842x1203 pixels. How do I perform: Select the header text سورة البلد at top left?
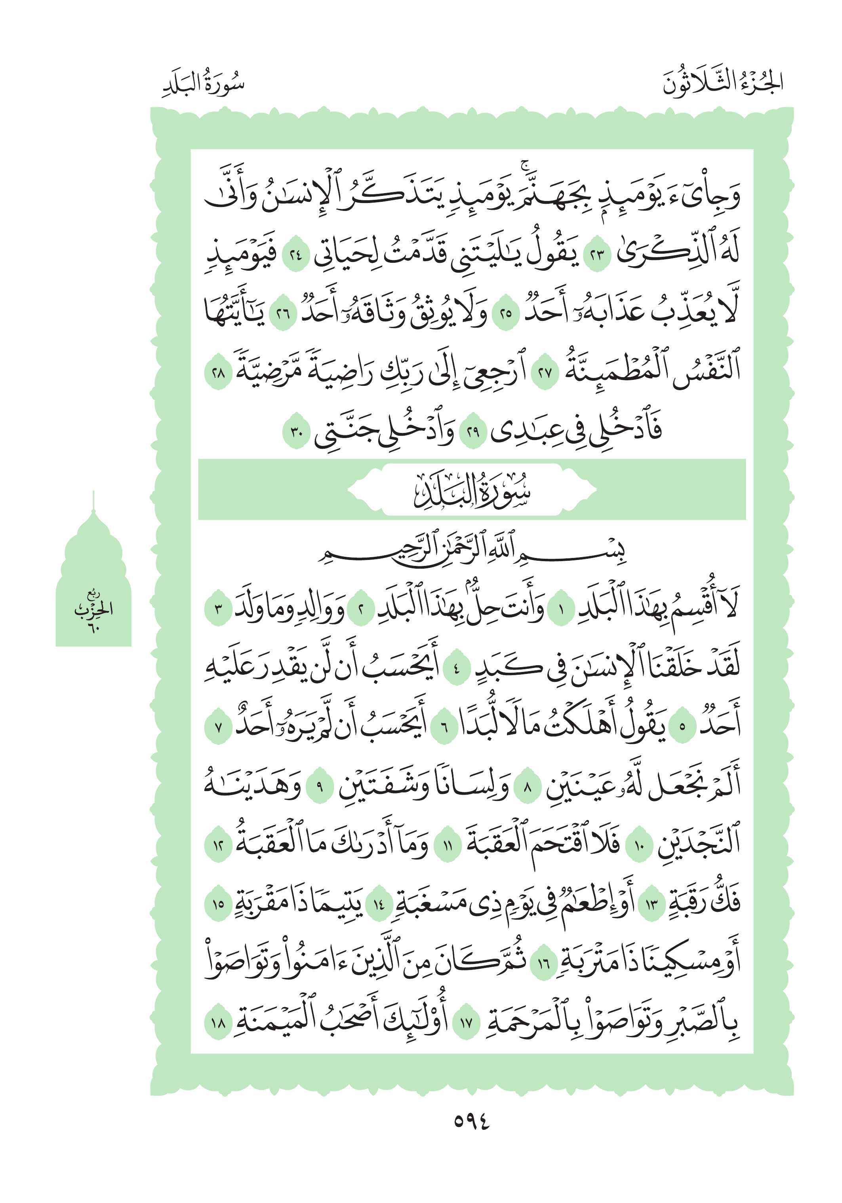click(204, 84)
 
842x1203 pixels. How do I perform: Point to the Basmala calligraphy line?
click(472, 552)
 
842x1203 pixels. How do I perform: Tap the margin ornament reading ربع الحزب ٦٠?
click(93, 611)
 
